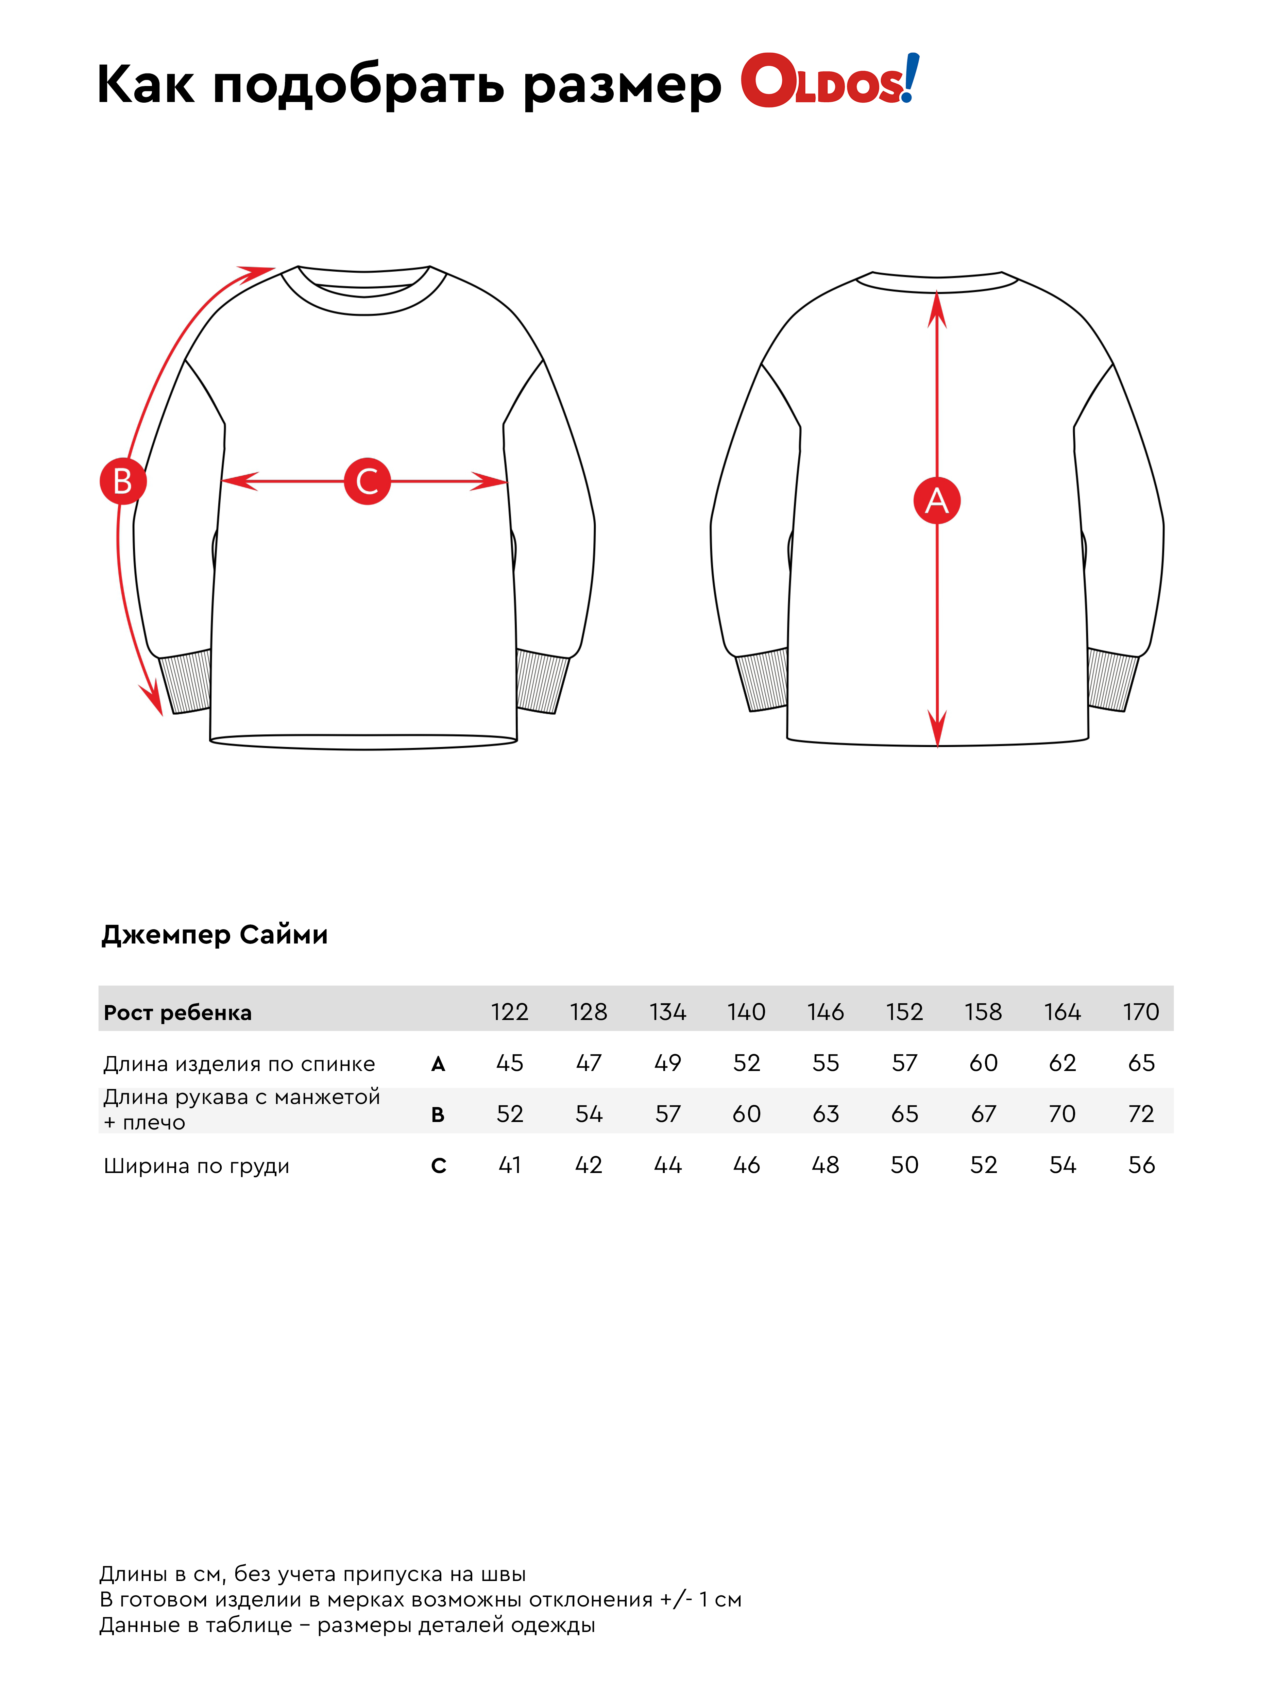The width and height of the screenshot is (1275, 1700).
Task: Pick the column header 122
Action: click(510, 1012)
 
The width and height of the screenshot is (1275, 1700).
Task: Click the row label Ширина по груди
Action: click(197, 1166)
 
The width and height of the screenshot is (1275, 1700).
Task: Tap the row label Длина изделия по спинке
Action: click(239, 1064)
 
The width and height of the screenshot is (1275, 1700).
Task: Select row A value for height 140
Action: click(746, 1063)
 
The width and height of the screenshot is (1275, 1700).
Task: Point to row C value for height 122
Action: click(510, 1165)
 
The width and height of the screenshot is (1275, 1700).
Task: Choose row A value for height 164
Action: click(1062, 1063)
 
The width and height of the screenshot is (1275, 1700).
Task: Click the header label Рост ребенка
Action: click(177, 1013)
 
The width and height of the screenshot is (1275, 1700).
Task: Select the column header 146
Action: click(826, 1012)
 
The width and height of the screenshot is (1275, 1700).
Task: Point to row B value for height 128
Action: click(589, 1113)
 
